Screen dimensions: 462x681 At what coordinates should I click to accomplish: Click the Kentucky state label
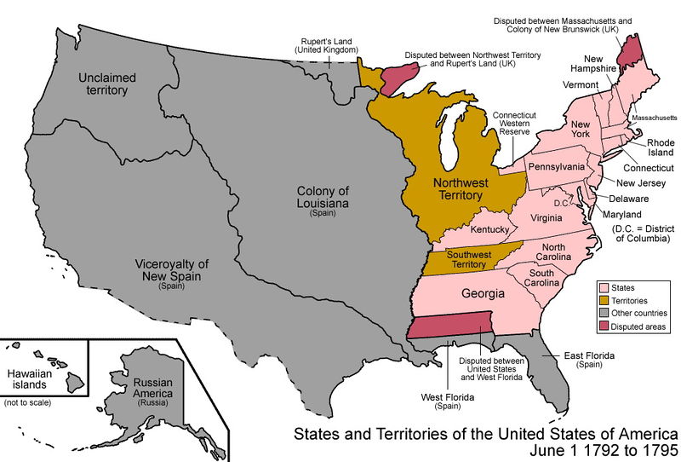tap(489, 230)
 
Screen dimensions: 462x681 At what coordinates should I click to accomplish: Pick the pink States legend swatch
tap(604, 289)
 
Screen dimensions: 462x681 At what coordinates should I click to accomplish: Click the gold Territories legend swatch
tap(604, 301)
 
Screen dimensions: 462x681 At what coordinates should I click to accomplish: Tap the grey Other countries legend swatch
tap(604, 314)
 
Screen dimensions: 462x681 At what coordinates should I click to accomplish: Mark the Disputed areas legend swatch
tap(604, 326)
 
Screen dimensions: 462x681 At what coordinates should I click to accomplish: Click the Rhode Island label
tap(661, 148)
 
